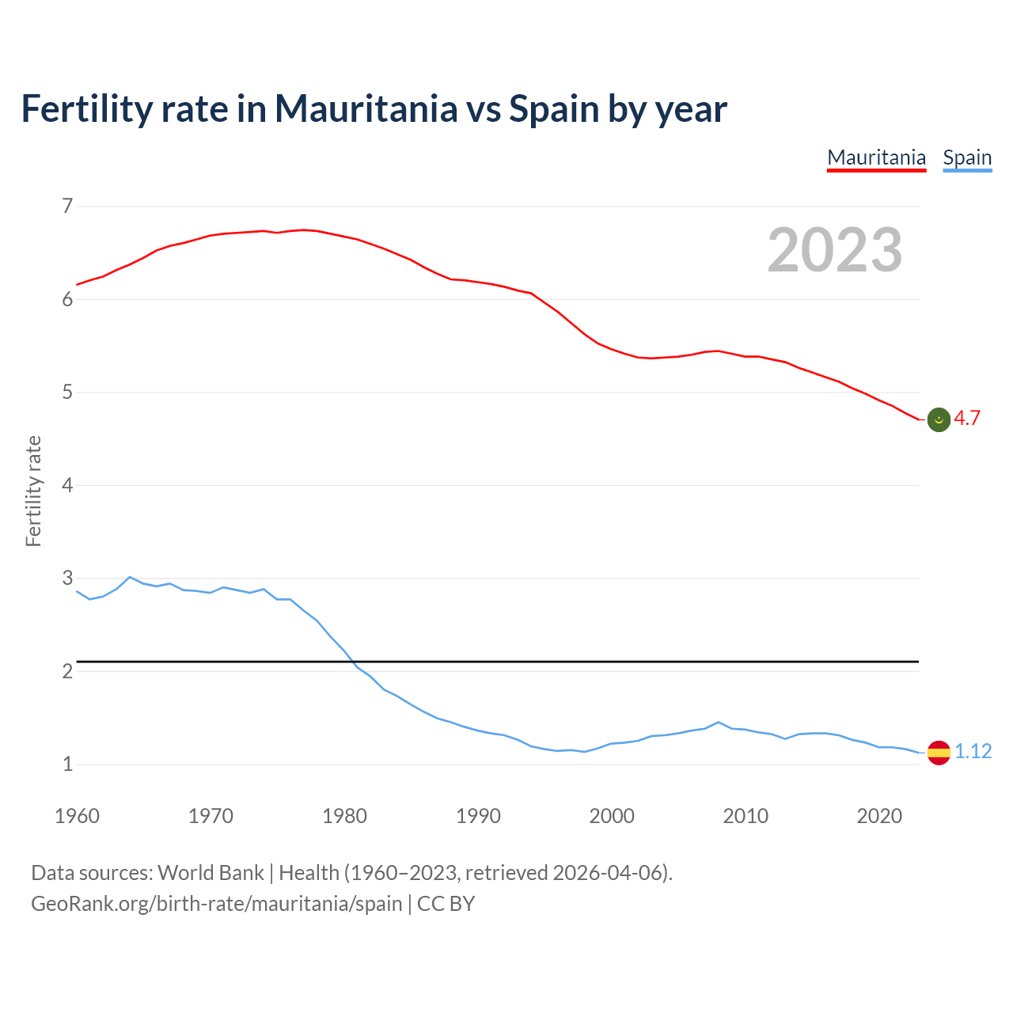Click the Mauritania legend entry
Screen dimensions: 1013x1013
pyautogui.click(x=876, y=157)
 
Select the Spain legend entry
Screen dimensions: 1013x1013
pyautogui.click(x=967, y=157)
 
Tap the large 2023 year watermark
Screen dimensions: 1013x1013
pyautogui.click(x=835, y=250)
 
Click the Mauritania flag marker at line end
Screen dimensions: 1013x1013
pyautogui.click(x=939, y=419)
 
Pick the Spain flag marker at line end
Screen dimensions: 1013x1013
pyautogui.click(x=939, y=752)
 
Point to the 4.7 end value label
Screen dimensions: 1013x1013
pyautogui.click(x=967, y=419)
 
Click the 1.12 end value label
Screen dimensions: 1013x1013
pyautogui.click(x=973, y=751)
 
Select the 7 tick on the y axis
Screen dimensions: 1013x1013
pyautogui.click(x=67, y=207)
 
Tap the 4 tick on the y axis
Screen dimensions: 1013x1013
pyautogui.click(x=67, y=485)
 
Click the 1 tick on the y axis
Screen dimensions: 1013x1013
pyautogui.click(x=67, y=764)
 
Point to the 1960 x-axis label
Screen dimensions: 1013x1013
pyautogui.click(x=77, y=816)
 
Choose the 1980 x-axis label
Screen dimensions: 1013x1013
pyautogui.click(x=344, y=816)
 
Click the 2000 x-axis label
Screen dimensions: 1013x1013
pyautogui.click(x=612, y=816)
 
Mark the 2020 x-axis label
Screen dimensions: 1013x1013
pyautogui.click(x=879, y=816)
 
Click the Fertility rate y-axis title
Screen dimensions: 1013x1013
pyautogui.click(x=33, y=491)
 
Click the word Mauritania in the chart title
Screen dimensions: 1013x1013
pyautogui.click(x=366, y=108)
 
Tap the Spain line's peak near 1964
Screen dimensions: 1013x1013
pyautogui.click(x=130, y=577)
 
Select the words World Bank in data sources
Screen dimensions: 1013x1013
pyautogui.click(x=211, y=873)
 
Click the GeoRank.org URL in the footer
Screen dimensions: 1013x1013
pyautogui.click(x=216, y=904)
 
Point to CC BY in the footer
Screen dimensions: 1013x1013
pyautogui.click(x=446, y=904)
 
